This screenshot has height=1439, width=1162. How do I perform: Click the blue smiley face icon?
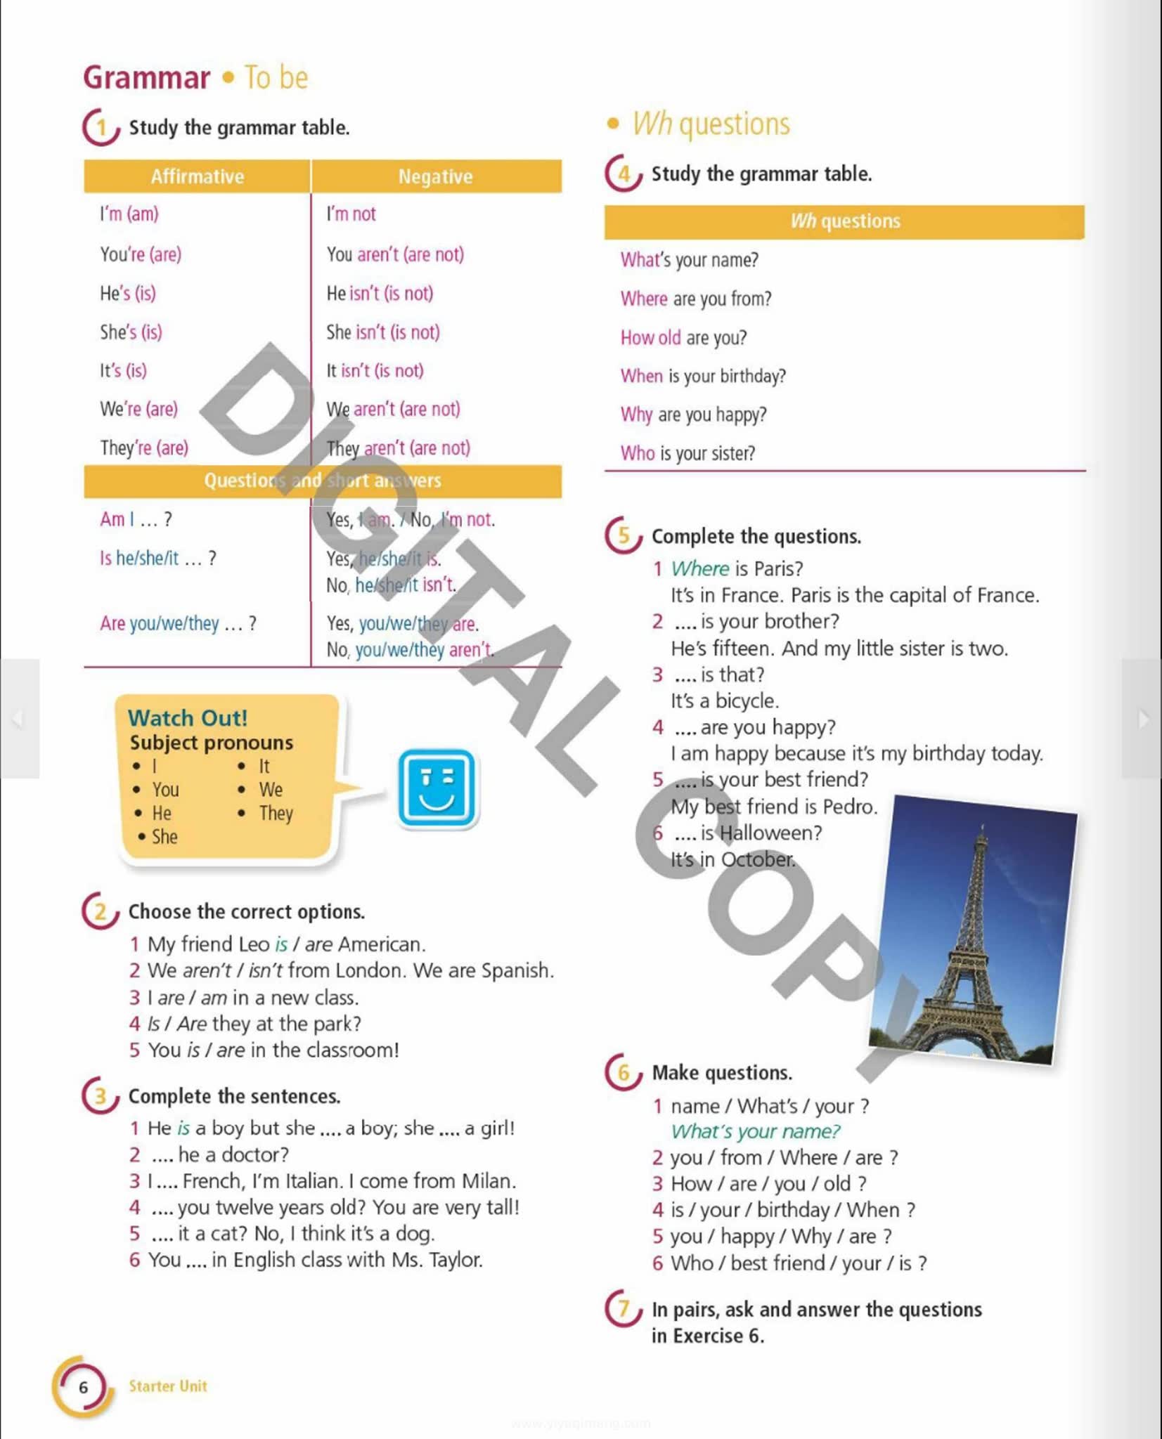(437, 788)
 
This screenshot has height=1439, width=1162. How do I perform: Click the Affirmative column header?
(197, 176)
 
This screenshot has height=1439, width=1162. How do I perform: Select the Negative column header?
(436, 176)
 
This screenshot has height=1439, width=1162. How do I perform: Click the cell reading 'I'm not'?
(351, 214)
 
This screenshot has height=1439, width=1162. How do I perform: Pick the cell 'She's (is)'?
(131, 332)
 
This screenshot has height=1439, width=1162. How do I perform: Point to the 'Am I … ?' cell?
(136, 519)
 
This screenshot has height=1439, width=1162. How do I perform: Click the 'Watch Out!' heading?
(188, 717)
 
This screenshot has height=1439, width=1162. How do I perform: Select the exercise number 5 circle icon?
(624, 535)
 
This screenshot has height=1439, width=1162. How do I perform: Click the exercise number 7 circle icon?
(624, 1308)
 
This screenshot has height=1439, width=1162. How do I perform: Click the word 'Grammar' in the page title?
(146, 77)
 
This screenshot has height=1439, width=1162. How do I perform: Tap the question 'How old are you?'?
(683, 337)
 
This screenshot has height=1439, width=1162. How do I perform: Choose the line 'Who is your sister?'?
(687, 453)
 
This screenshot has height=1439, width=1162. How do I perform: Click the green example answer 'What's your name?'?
(755, 1131)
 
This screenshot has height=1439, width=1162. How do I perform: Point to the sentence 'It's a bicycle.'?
(724, 701)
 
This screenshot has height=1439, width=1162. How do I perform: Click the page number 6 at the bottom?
(84, 1387)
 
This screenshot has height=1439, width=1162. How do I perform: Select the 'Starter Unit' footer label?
(168, 1386)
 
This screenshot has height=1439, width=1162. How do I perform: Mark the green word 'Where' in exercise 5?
(700, 568)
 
